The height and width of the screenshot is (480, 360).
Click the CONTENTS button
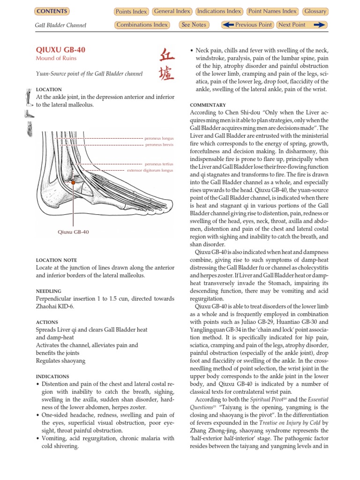click(52, 11)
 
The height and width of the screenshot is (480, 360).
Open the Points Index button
click(131, 11)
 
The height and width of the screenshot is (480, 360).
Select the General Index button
click(172, 11)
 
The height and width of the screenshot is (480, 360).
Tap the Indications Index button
click(219, 11)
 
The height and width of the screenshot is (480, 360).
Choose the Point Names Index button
click(272, 11)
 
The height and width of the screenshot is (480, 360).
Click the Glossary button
click(315, 11)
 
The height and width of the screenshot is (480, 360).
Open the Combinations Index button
click(142, 25)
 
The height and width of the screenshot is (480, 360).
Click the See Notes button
click(193, 25)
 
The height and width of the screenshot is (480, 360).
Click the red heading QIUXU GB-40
click(60, 50)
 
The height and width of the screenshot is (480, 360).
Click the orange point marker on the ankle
click(73, 182)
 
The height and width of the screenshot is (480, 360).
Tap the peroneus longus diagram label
click(159, 139)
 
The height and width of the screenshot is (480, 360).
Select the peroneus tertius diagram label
click(159, 164)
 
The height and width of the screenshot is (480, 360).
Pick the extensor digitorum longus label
click(150, 171)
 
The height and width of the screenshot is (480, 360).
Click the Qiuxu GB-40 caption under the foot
click(73, 232)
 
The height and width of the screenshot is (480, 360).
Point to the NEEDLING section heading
click(49, 291)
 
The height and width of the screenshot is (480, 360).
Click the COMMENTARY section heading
click(208, 105)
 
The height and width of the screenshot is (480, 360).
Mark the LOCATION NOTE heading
click(57, 260)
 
